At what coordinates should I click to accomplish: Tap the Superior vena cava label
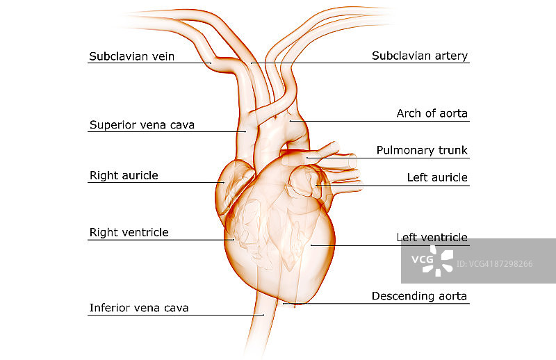click(142, 125)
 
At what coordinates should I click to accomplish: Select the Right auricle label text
click(124, 175)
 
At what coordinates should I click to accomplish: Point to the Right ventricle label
click(129, 232)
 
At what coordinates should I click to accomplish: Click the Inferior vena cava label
click(139, 307)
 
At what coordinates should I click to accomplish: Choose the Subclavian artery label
click(420, 56)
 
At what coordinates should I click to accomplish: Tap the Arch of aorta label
click(432, 113)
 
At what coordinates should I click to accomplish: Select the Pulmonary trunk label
click(422, 150)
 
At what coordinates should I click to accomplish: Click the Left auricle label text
click(437, 178)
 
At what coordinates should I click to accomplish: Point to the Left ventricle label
click(432, 238)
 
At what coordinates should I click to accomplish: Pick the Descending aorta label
click(419, 296)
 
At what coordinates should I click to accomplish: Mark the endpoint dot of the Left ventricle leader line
click(311, 245)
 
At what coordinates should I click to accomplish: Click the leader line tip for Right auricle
click(223, 183)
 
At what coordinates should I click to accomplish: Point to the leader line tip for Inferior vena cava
click(264, 315)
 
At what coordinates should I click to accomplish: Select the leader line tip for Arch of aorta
click(290, 121)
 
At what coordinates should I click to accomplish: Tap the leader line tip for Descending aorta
click(283, 303)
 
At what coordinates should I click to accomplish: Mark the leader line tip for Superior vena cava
click(246, 131)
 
